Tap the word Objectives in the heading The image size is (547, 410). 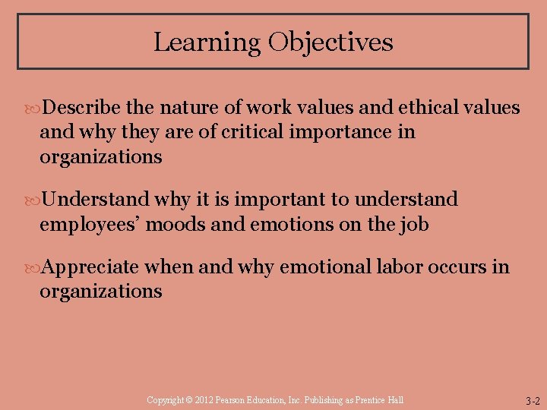point(330,42)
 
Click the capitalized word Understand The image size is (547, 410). point(96,200)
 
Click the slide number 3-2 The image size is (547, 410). point(532,400)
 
